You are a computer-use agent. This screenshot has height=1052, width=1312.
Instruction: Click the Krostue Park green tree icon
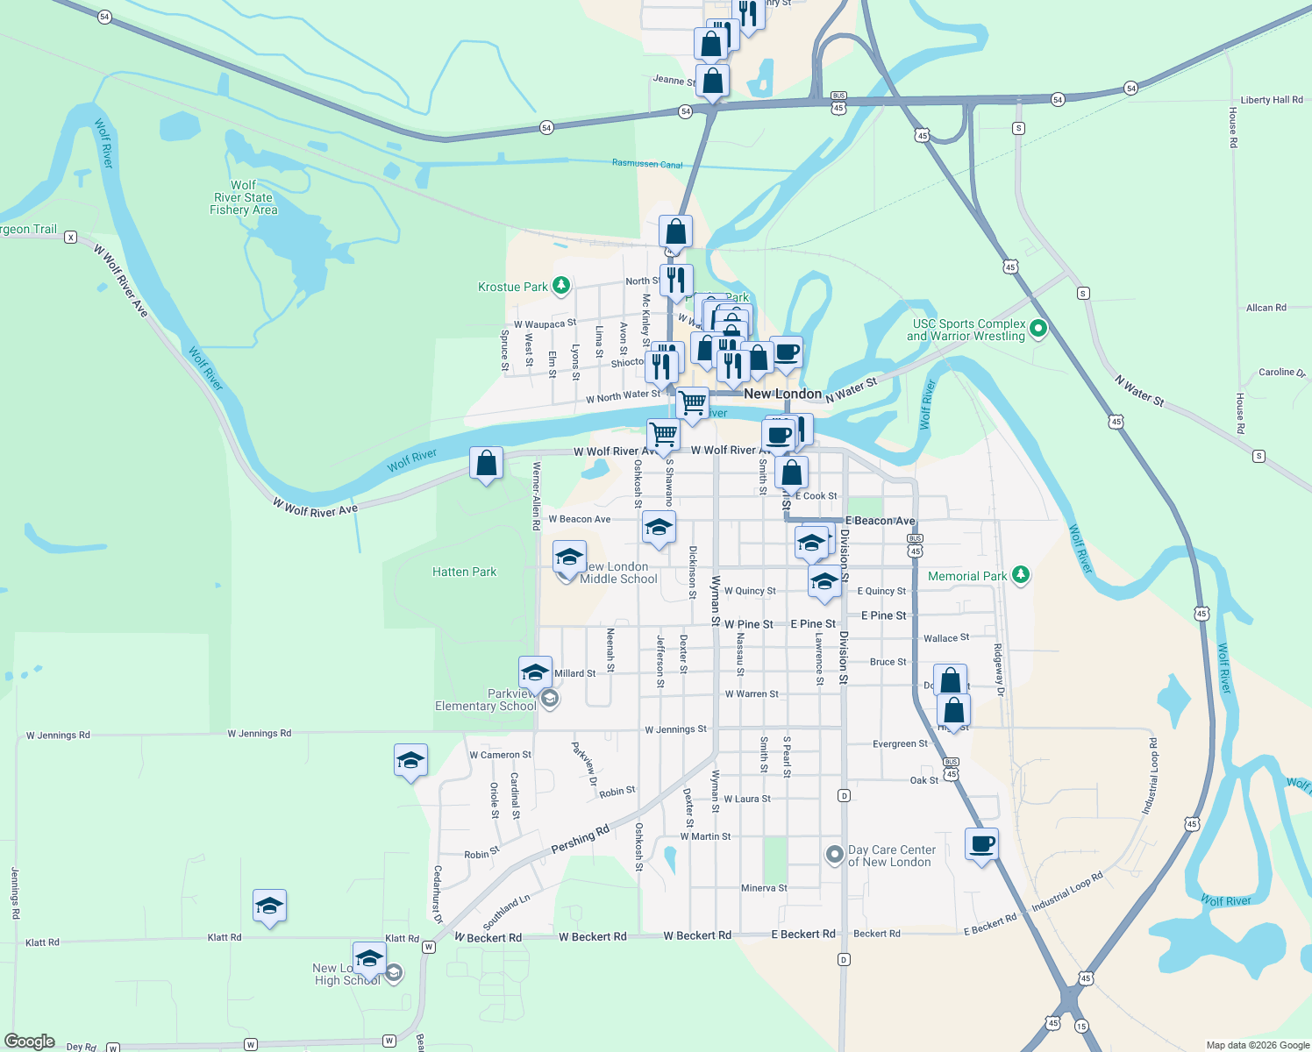coord(561,286)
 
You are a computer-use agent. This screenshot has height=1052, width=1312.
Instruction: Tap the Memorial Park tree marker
coord(1020,575)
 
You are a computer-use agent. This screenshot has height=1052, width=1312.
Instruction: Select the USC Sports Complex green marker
coord(1038,330)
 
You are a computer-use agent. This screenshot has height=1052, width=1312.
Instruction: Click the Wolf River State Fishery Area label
coord(243,198)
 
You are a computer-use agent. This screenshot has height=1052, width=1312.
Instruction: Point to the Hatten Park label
coord(464,572)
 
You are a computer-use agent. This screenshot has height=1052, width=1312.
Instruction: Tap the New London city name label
coord(782,394)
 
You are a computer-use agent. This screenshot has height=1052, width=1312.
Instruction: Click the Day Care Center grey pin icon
coord(835,853)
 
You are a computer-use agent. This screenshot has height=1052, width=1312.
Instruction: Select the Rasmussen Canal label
coord(647,164)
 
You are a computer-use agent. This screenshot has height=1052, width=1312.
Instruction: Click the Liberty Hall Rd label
coord(1271,100)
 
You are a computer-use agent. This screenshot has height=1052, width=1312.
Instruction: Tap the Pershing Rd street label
coord(580,840)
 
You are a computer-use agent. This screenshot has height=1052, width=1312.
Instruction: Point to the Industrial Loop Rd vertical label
coord(1152,777)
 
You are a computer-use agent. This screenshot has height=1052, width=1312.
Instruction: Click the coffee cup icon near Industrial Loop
coord(981,844)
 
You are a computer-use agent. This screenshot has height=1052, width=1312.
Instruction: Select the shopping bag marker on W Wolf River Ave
coord(486,463)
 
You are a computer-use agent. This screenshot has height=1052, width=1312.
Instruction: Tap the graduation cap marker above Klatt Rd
coord(269,906)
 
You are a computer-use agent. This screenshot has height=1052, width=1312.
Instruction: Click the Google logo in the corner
coord(29,1041)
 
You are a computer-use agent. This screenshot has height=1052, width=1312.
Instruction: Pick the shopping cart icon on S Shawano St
coord(663,433)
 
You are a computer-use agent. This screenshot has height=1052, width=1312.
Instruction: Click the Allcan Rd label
coord(1266,308)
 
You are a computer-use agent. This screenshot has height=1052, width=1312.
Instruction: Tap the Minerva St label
coord(764,888)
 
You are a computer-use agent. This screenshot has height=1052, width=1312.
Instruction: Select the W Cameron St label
coord(500,755)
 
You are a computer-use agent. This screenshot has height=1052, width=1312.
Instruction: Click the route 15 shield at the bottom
coord(1080,1026)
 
